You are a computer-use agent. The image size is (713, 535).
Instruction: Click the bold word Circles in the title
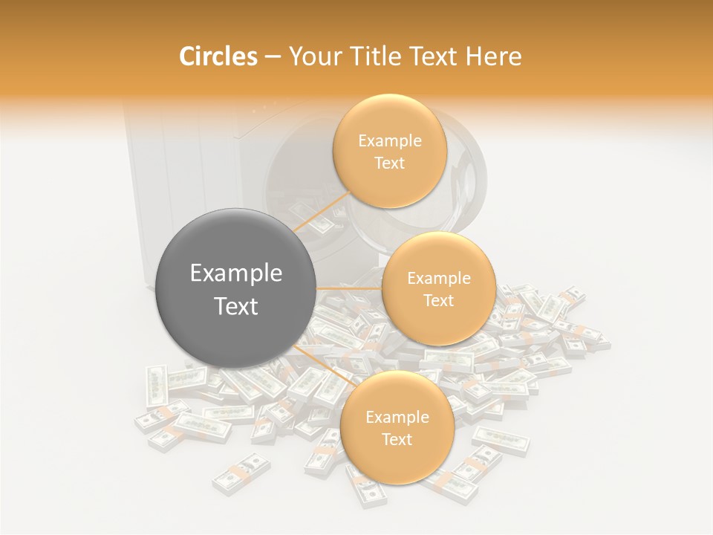click(x=218, y=56)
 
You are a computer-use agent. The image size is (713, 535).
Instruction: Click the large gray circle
click(x=236, y=288)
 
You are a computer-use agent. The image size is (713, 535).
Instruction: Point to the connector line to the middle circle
click(x=349, y=288)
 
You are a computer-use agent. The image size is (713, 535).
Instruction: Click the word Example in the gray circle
click(x=236, y=273)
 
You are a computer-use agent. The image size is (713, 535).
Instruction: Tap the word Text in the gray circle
click(x=236, y=306)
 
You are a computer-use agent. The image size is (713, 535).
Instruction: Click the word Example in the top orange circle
click(x=389, y=140)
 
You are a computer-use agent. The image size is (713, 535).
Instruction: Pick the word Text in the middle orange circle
click(x=438, y=300)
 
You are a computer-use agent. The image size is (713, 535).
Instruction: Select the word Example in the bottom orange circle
click(x=397, y=417)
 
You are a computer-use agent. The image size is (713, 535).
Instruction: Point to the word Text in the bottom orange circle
click(x=397, y=439)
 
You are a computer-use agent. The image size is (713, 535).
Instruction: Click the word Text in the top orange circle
click(x=389, y=163)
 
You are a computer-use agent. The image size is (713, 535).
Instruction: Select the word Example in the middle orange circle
click(x=438, y=278)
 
